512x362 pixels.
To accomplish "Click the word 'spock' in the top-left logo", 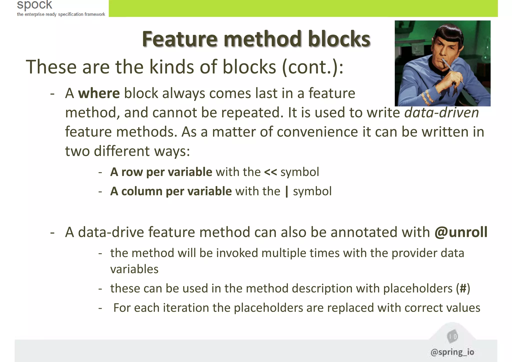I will (x=34, y=5).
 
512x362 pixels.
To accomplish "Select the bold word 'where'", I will (x=99, y=94).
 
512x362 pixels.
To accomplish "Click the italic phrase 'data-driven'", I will (x=441, y=113).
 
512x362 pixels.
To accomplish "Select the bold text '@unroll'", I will (x=461, y=232).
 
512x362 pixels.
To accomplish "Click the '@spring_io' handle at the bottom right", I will (x=452, y=352).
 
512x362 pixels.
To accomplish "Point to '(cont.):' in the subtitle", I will (x=313, y=67).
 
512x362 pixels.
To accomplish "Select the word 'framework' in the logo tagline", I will (x=95, y=14).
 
